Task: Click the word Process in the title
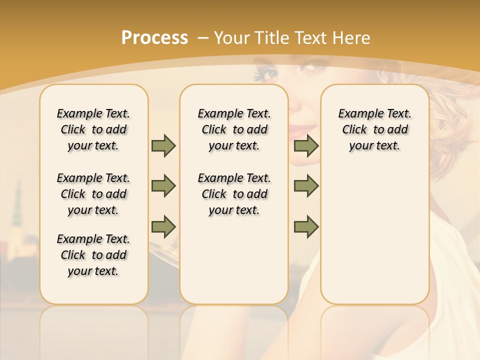coord(154,37)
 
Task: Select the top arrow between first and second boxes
coord(163,145)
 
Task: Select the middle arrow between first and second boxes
coord(163,186)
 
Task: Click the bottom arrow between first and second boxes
coord(163,226)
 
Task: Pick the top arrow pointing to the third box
coord(306,145)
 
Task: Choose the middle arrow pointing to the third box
coord(306,186)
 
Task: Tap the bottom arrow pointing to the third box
coord(306,226)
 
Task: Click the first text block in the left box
coord(93,129)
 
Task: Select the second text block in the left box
coord(93,194)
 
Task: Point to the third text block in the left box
coord(93,255)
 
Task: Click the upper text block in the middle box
coord(234,129)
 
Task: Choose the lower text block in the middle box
coord(234,194)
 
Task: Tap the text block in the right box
coord(374,129)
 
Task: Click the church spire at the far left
coord(17,200)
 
